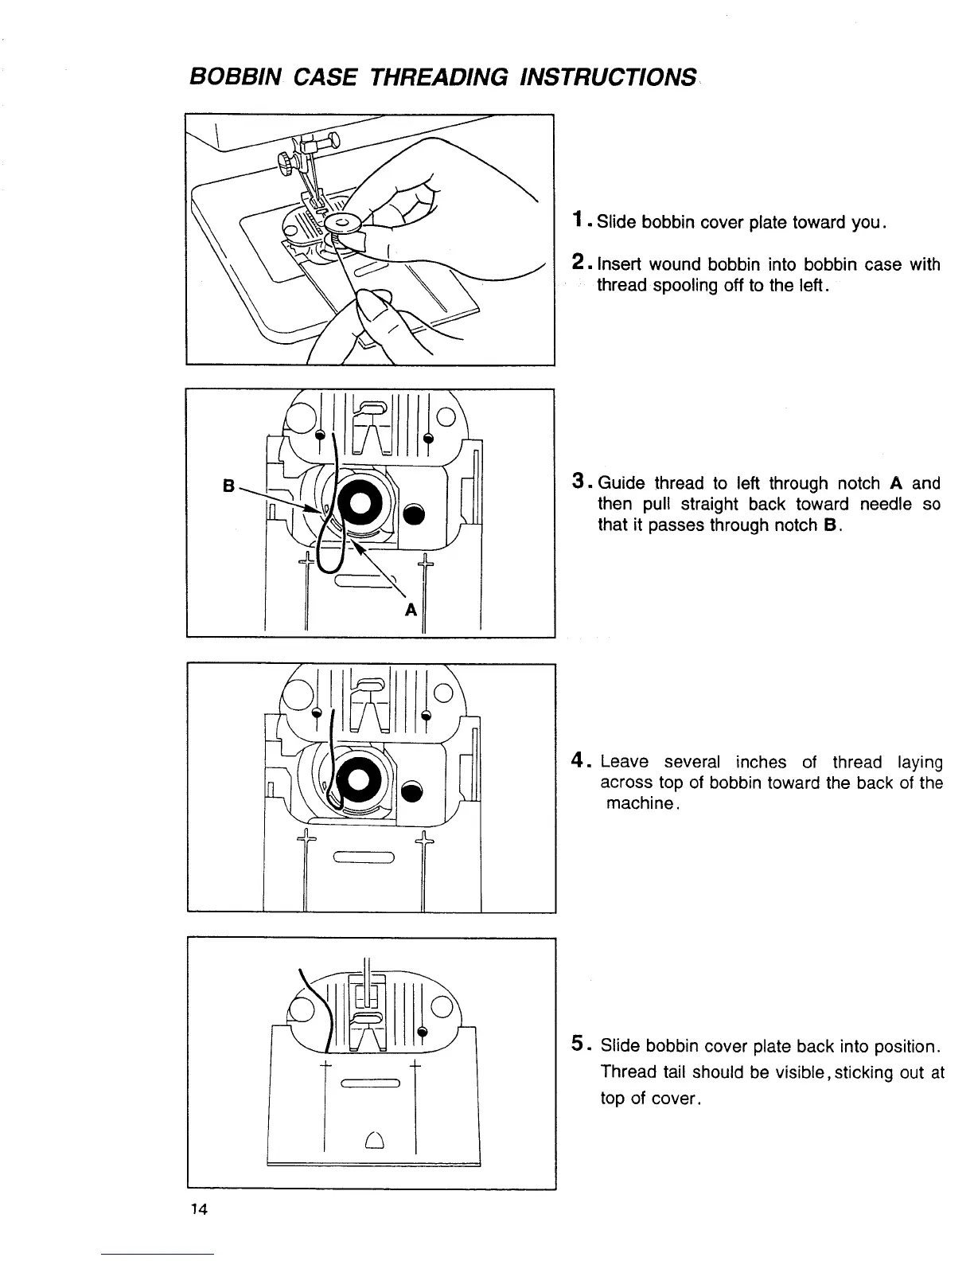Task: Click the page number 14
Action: point(198,1209)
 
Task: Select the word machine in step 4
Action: point(641,803)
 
